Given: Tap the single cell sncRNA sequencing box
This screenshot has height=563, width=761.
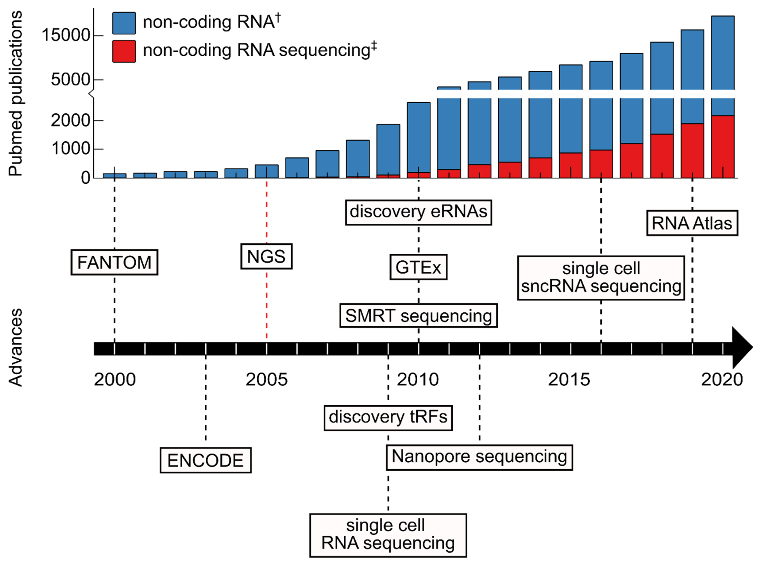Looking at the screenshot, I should [601, 278].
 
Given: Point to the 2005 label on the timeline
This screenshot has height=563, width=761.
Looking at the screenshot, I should [267, 379].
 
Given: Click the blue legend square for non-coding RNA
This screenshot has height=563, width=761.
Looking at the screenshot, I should [124, 23].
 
